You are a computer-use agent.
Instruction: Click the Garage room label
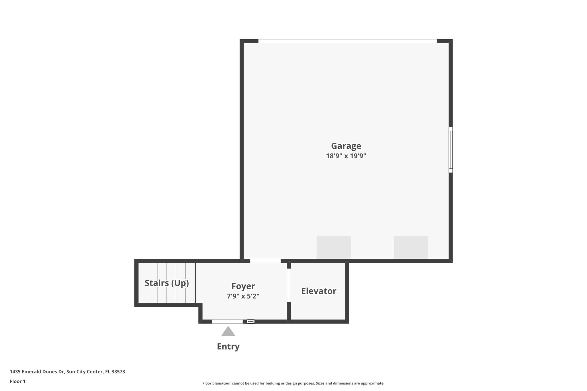(x=346, y=146)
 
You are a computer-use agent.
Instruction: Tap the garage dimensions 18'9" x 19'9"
(x=346, y=156)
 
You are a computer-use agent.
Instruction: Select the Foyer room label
(x=243, y=286)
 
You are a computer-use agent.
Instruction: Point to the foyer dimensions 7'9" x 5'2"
(x=243, y=296)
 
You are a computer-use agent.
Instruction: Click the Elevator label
(x=318, y=291)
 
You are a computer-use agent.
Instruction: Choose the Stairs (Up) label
(x=167, y=283)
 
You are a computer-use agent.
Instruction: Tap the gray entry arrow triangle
(x=228, y=332)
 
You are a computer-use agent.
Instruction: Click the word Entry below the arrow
(x=228, y=347)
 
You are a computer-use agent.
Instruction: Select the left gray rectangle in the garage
(x=333, y=247)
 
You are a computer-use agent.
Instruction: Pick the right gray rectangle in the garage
(x=411, y=247)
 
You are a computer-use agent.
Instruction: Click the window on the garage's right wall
(x=451, y=150)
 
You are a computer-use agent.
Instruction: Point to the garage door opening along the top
(x=347, y=41)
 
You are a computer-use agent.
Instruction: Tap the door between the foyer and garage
(x=265, y=261)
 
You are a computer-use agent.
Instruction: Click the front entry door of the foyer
(x=227, y=322)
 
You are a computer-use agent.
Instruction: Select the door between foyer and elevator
(x=289, y=285)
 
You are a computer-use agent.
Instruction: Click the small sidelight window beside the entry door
(x=251, y=322)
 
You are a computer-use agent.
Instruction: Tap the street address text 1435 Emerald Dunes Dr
(x=37, y=372)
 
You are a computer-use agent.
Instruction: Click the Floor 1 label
(x=17, y=382)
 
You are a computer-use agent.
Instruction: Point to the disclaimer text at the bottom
(x=293, y=383)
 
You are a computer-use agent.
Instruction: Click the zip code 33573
(x=118, y=372)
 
